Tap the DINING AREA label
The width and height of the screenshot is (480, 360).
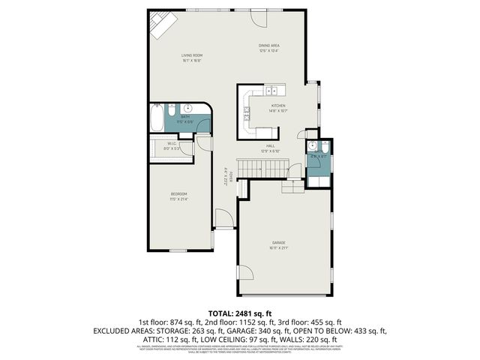coord(269,47)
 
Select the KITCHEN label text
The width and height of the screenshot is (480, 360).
coord(278,108)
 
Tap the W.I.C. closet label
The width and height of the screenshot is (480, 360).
coord(171,145)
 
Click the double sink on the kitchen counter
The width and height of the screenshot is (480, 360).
coord(271,91)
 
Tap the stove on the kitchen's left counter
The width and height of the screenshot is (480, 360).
coord(245,114)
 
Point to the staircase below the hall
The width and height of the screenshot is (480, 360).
coord(262,168)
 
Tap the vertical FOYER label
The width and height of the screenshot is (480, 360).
coord(224,177)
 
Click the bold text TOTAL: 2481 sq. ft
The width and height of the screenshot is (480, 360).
coord(240,312)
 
